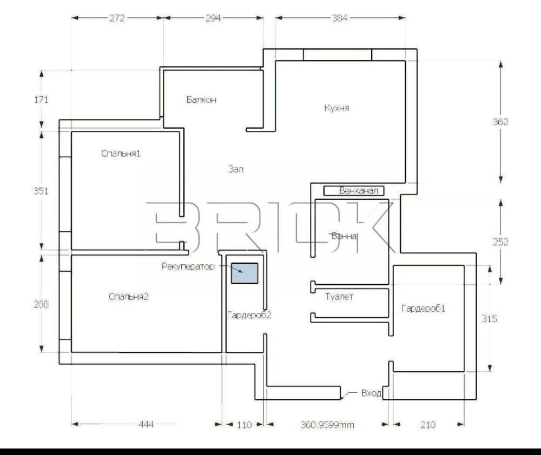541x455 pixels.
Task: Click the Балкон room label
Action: (201, 99)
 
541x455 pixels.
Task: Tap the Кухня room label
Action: (337, 108)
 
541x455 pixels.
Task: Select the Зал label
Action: (236, 169)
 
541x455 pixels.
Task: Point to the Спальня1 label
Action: (121, 153)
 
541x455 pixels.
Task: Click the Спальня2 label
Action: (128, 297)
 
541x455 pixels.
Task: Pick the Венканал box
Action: (354, 191)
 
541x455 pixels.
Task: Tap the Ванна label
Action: (344, 236)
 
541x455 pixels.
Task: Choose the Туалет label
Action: (339, 297)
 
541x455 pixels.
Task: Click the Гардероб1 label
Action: (423, 308)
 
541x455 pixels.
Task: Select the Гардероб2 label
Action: (249, 315)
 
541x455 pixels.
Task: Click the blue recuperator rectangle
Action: (245, 273)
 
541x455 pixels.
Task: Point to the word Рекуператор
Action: (188, 266)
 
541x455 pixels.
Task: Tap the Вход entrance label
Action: (371, 393)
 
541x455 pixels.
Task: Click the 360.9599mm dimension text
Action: (327, 425)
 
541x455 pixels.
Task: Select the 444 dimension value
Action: (146, 424)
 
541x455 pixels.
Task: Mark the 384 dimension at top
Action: (340, 18)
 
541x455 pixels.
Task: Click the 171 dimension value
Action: (41, 99)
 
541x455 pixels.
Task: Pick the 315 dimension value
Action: (489, 318)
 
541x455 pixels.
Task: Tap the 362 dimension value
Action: (500, 122)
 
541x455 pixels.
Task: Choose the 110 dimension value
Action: (244, 425)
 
